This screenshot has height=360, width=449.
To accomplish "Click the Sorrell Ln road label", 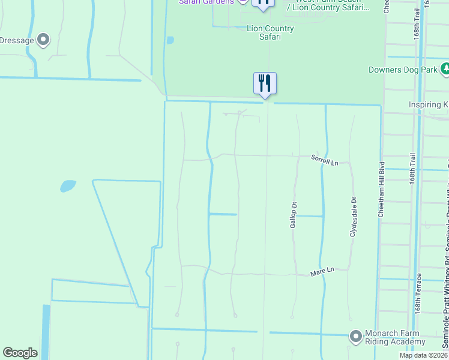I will pos(325,161).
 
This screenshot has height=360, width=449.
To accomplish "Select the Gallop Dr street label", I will pos(294,214).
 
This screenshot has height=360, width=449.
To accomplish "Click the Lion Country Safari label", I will pos(270,32).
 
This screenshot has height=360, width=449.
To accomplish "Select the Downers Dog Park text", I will pos(402,70).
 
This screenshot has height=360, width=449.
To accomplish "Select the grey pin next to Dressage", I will pos(43,40).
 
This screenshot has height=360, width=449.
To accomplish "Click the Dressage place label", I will pos(16,41).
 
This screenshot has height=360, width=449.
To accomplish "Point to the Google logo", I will pos(20,353).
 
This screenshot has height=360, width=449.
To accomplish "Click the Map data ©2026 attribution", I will pos(423,355).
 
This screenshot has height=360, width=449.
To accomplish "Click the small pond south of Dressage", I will pos(68,186).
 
